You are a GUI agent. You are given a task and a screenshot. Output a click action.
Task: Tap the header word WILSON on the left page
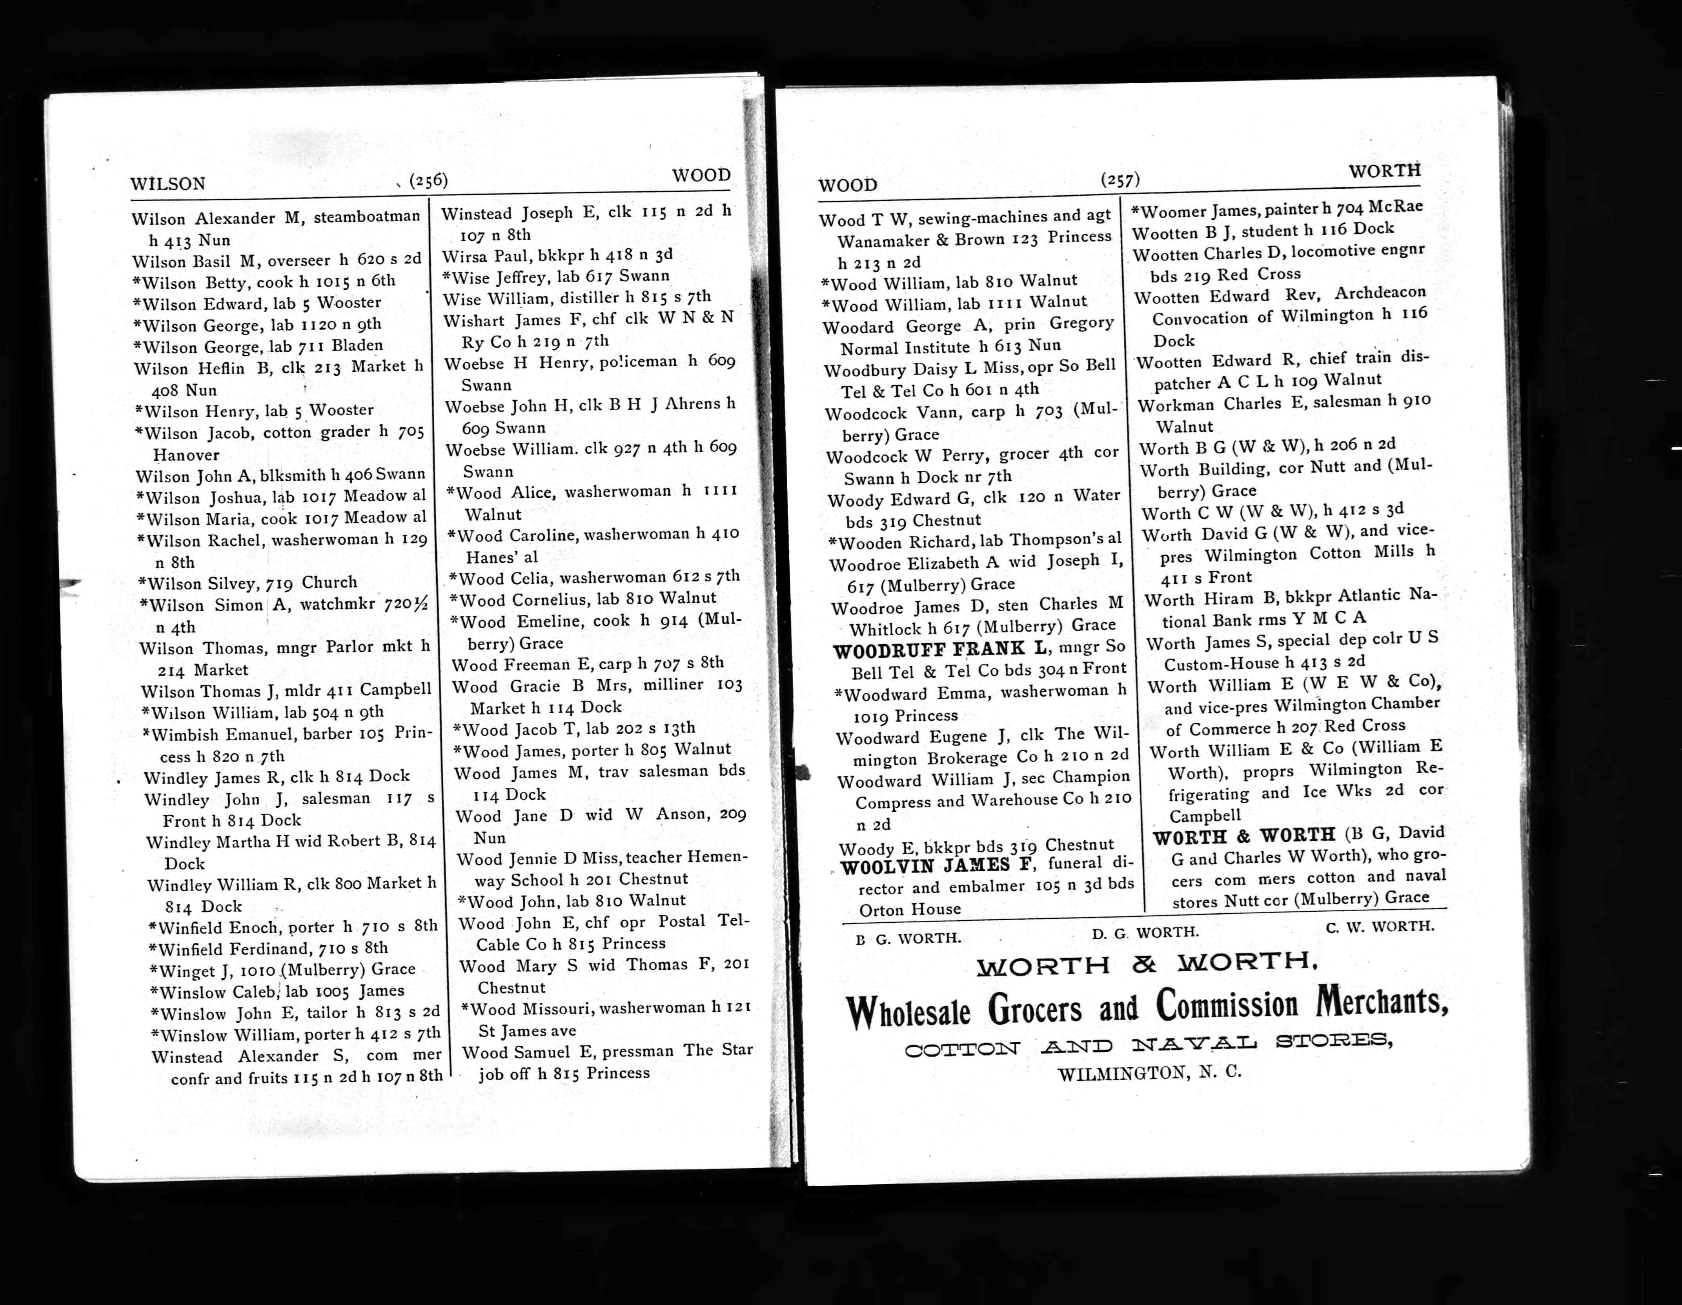(168, 184)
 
